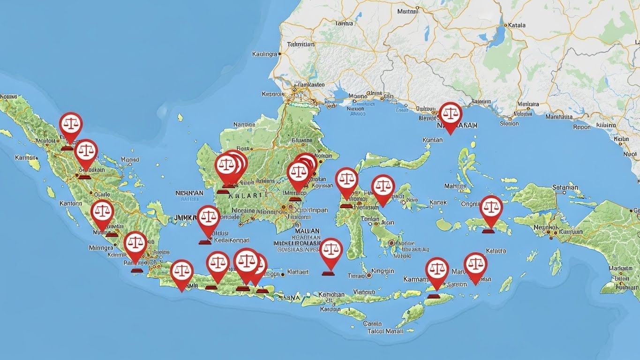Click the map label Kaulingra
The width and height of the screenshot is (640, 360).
pos(264,54)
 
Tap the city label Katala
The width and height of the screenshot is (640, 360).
pos(516,25)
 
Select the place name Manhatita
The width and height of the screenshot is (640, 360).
pos(559,117)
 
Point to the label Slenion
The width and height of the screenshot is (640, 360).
pos(509,124)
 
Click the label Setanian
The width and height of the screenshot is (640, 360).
pos(565,187)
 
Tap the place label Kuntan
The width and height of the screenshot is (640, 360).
pos(432,140)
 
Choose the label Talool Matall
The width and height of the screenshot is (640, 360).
pos(385,331)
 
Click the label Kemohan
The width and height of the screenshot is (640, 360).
pos(331,295)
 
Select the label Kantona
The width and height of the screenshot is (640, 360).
pos(71,204)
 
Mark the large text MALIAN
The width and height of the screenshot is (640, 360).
pos(307,231)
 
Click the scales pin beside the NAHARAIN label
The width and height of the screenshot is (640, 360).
pos(450,115)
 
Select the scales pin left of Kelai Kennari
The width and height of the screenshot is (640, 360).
pos(209,218)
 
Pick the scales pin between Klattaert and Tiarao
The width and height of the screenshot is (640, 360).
pos(331,251)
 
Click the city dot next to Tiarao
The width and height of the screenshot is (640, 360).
pos(369,276)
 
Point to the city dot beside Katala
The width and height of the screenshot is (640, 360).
pos(505,25)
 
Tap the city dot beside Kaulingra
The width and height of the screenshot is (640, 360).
pos(280,54)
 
